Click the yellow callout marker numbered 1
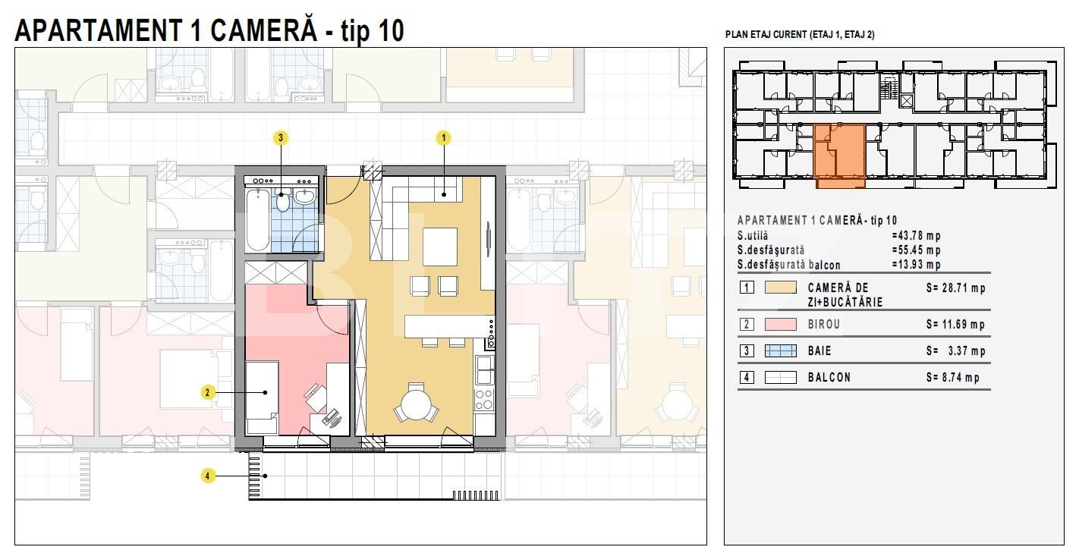(443, 138)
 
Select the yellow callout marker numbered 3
(282, 138)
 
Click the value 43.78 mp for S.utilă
(916, 236)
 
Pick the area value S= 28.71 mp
(955, 288)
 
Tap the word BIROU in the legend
(824, 325)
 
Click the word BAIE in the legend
(819, 351)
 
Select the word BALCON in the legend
(829, 377)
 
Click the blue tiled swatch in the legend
(780, 351)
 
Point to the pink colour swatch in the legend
(780, 325)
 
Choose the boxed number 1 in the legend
(747, 288)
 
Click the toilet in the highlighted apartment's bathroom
(283, 200)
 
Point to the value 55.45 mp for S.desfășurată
(916, 250)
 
